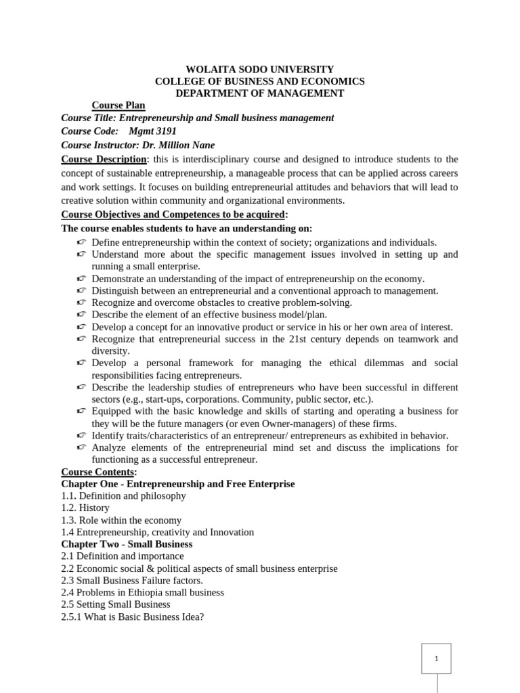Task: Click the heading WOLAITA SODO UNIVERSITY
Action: [x=259, y=69]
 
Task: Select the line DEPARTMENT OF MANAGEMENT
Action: [x=259, y=93]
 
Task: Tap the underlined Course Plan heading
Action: [x=118, y=106]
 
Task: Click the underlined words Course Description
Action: [x=104, y=159]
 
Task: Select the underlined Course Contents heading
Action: [x=97, y=472]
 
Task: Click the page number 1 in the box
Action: [x=437, y=658]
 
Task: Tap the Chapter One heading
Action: [x=178, y=484]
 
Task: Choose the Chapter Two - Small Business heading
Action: [x=127, y=544]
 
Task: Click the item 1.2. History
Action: [x=85, y=508]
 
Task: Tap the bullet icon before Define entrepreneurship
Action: [x=81, y=242]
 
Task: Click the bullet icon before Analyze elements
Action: [x=81, y=448]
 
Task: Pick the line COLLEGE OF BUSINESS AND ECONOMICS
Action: [x=259, y=81]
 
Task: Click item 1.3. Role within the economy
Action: [x=121, y=520]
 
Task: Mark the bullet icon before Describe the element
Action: [x=81, y=315]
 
